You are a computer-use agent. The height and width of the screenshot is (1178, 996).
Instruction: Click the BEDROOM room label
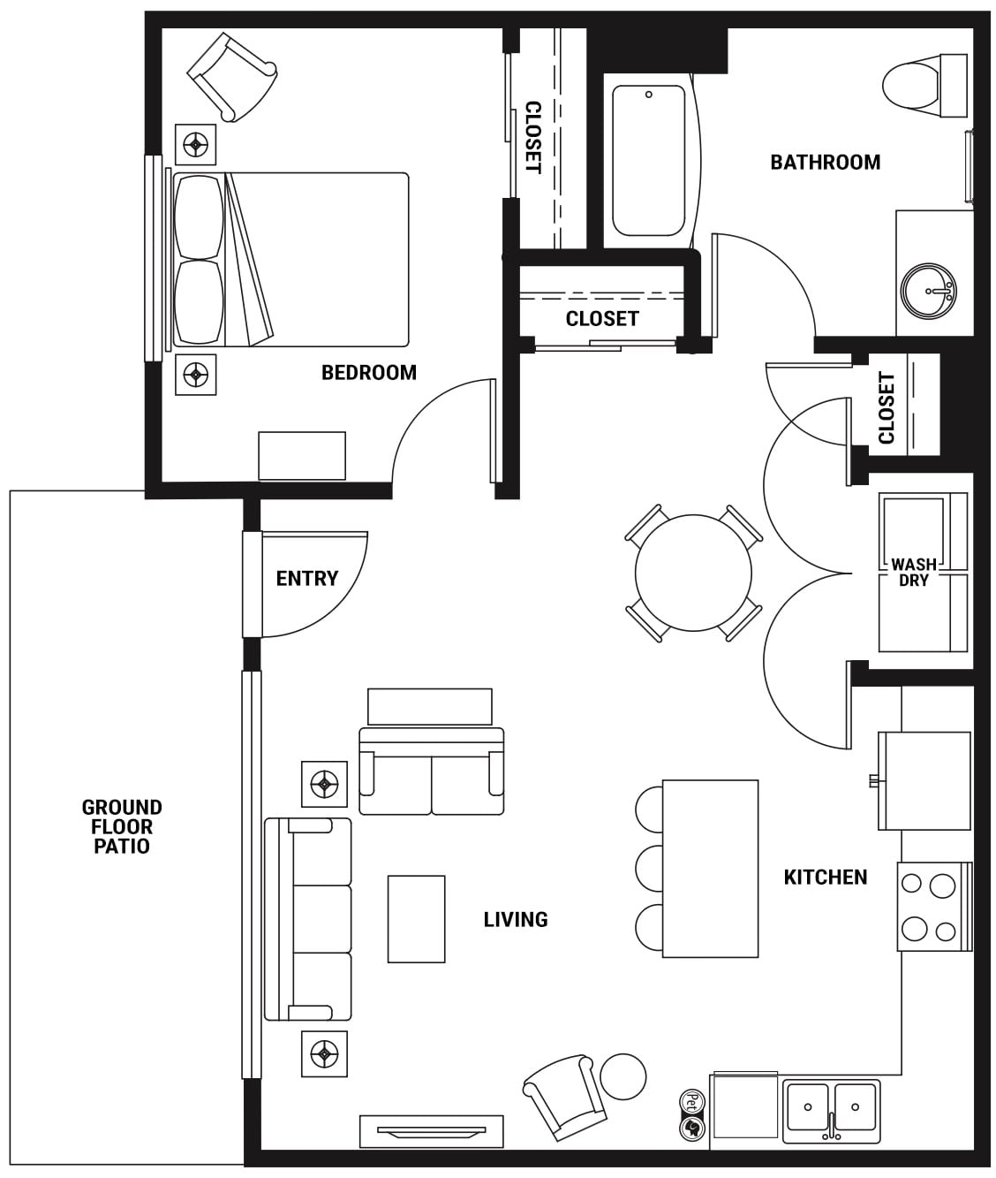coord(369,373)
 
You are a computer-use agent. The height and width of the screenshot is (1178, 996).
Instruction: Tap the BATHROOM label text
coord(826,163)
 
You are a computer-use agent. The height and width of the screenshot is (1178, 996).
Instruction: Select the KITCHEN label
coord(826,877)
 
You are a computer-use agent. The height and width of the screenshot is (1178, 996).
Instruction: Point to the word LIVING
coord(516,919)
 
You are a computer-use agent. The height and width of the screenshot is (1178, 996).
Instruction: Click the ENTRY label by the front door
coord(307,579)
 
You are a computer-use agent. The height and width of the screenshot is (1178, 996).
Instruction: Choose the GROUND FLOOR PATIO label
coord(122,826)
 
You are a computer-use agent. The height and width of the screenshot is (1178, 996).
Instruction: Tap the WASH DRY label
coord(913,572)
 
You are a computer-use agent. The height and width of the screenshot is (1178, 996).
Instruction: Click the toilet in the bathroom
coord(924,86)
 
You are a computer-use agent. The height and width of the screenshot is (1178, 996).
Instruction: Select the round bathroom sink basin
coord(928,292)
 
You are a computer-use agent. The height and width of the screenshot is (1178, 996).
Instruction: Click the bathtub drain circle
coord(649,95)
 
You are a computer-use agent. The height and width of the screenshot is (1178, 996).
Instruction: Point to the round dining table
coord(694,573)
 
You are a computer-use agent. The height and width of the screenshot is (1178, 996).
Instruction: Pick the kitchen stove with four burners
coord(934,907)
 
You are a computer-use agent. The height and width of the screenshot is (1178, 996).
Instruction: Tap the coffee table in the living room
coord(416,919)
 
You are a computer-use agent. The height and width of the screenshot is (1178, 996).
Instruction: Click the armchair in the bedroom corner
coord(231,77)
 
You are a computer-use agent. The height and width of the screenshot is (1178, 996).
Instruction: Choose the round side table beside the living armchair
coord(623,1076)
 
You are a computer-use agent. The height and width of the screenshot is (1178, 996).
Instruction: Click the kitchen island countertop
coord(710,869)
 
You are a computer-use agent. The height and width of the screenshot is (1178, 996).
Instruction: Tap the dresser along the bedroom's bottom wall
coord(302,456)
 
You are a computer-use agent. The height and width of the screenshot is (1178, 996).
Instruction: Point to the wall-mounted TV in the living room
coord(432,1130)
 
